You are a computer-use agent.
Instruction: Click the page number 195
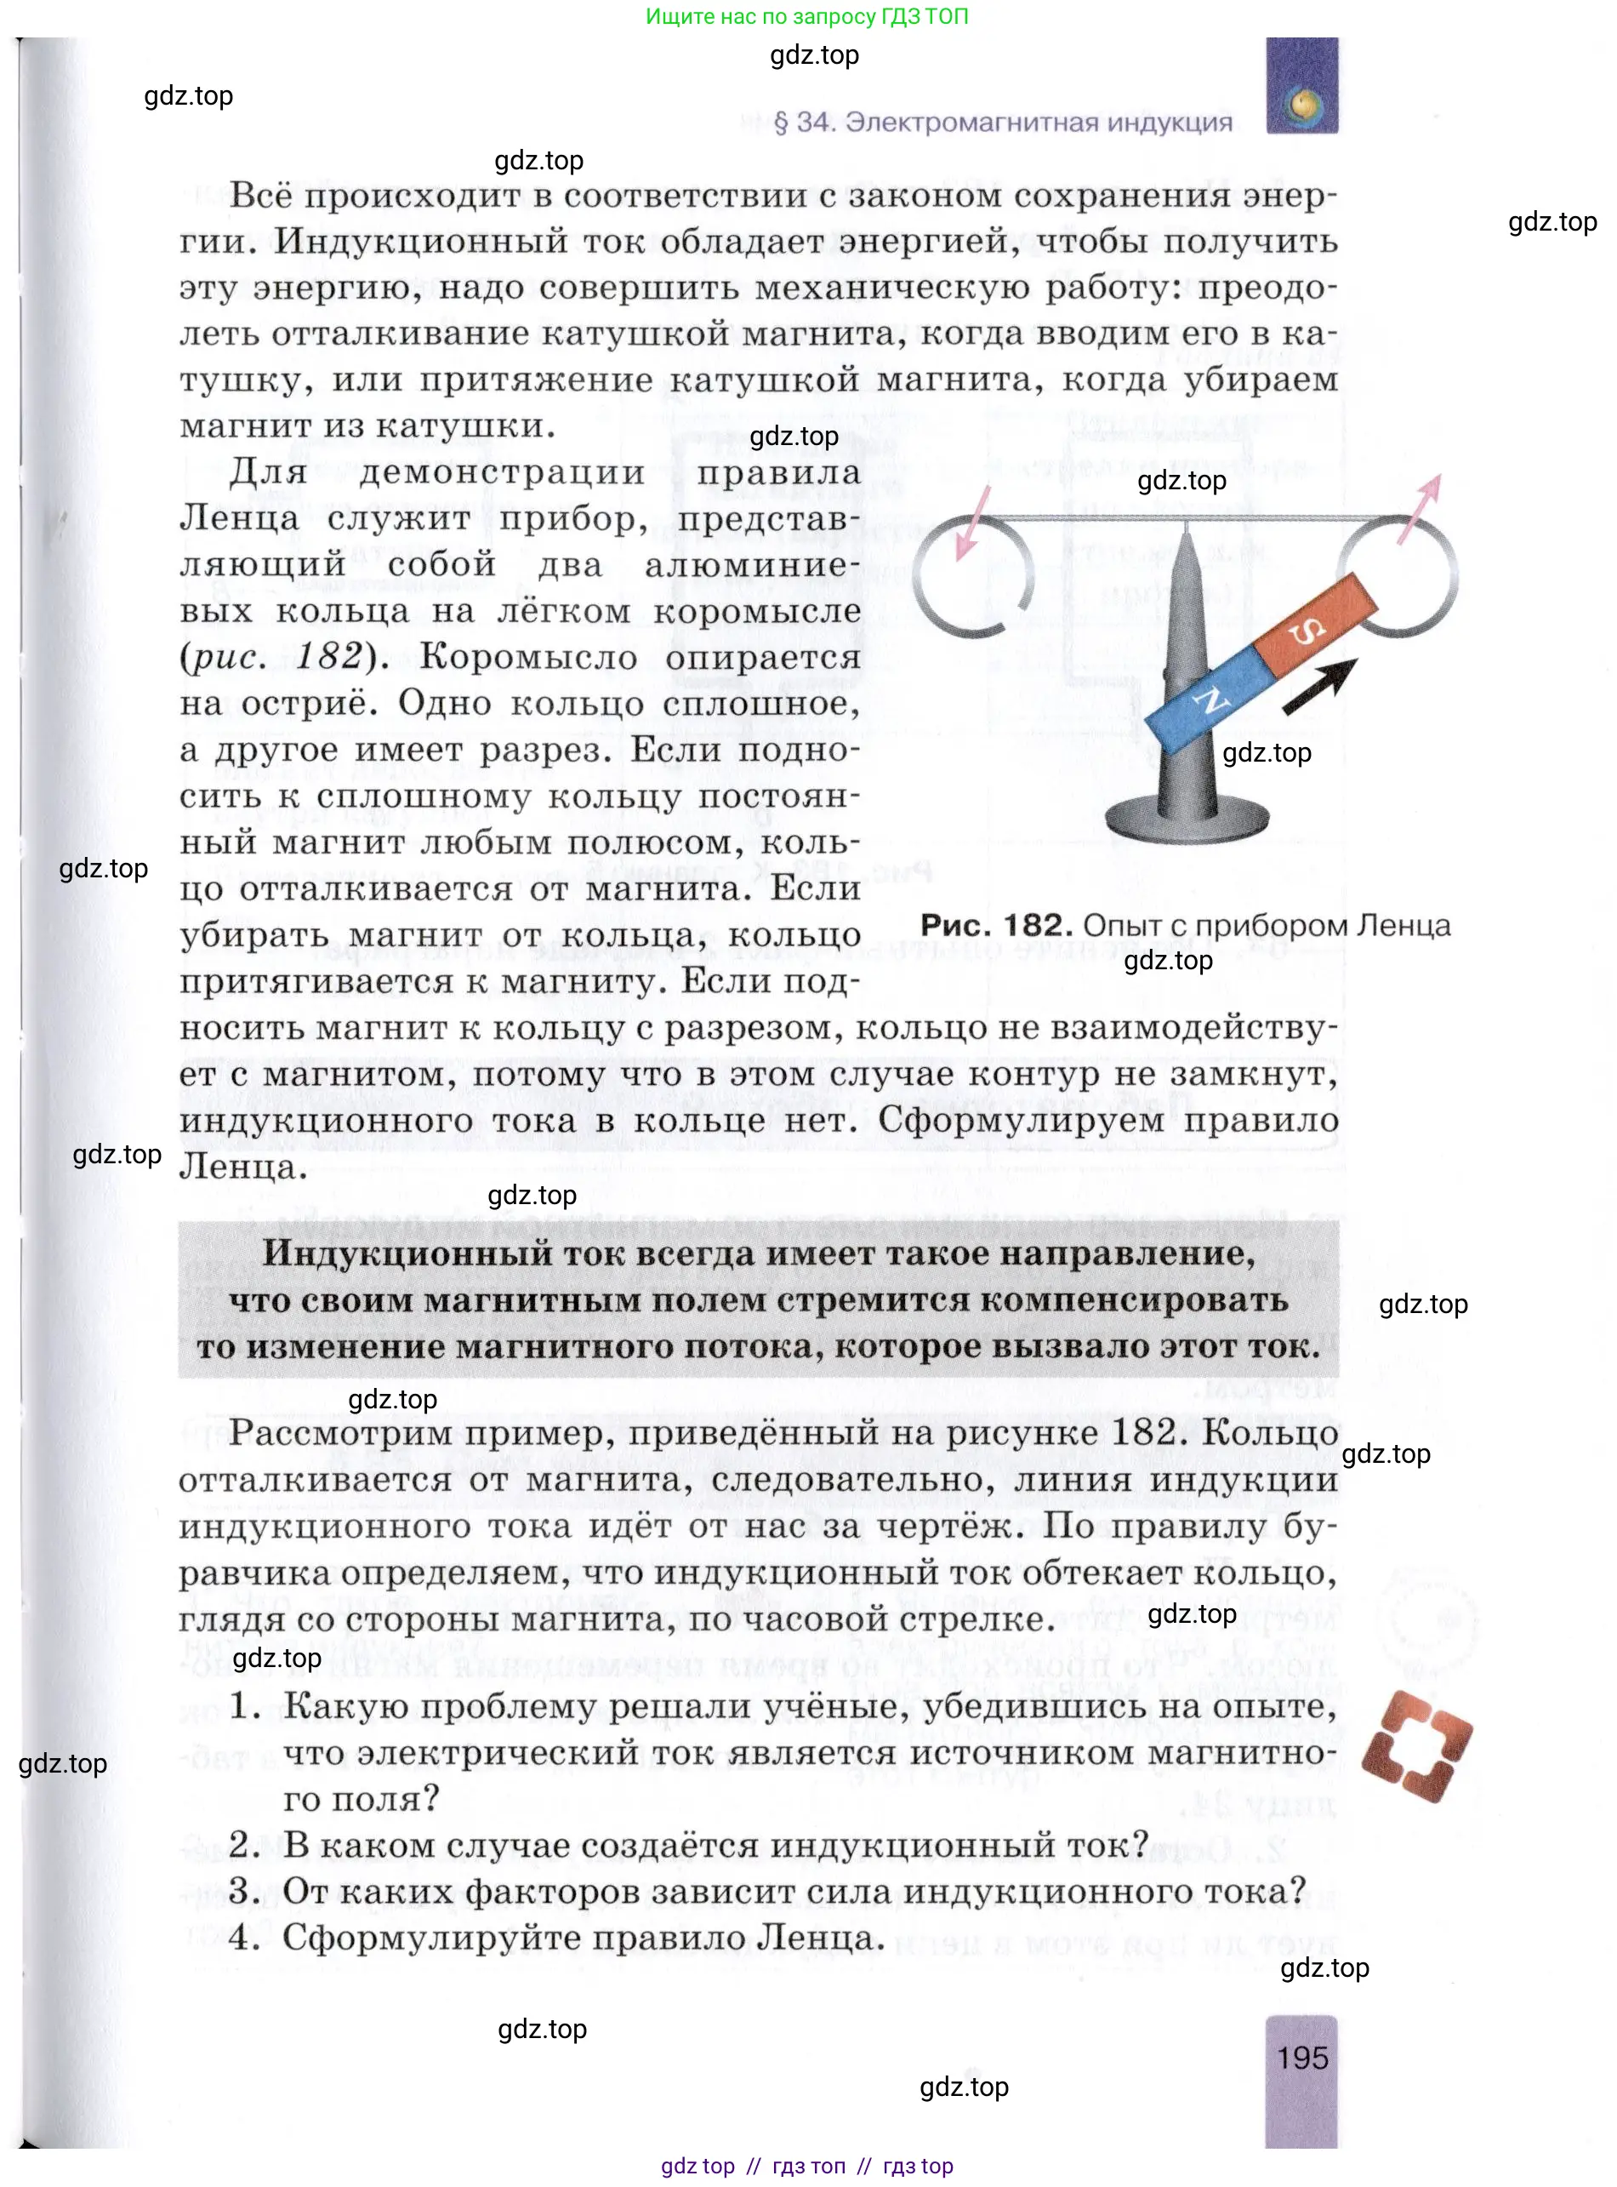tap(1301, 2057)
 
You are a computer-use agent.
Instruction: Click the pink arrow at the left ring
tap(973, 522)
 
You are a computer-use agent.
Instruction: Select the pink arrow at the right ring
tap(1421, 507)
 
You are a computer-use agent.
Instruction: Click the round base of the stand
tap(1187, 819)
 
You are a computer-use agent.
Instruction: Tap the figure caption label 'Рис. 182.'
tap(996, 925)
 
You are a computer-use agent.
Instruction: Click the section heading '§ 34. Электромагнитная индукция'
tap(1002, 123)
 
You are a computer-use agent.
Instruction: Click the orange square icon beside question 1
tap(1416, 1745)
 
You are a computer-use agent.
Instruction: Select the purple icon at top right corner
tap(1301, 86)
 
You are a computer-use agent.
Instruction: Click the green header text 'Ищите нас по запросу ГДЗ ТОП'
tap(806, 17)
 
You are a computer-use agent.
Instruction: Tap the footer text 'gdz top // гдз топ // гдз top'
tap(806, 2167)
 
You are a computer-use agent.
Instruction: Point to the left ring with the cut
tap(973, 578)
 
